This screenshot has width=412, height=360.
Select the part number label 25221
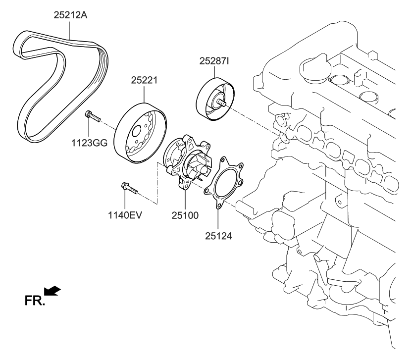point(144,80)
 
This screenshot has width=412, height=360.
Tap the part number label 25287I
point(214,61)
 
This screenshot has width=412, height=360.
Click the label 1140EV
point(125,216)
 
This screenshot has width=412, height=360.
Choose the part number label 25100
point(185,216)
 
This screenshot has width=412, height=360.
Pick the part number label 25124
point(218,236)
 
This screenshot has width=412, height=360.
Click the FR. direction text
point(34,300)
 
